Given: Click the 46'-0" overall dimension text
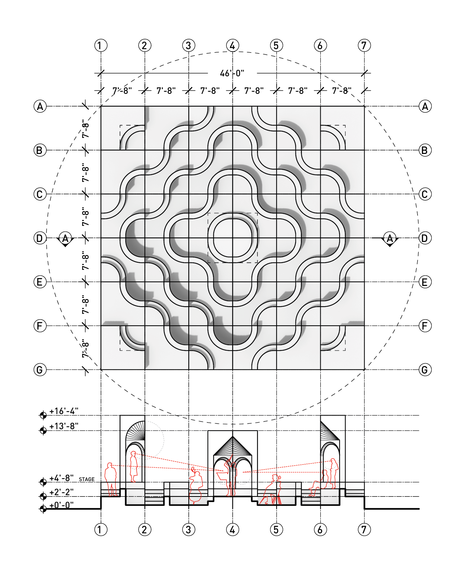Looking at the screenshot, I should click(x=232, y=73).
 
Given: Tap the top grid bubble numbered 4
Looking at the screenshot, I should click(x=233, y=45).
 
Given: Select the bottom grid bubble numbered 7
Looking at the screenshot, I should click(x=364, y=530).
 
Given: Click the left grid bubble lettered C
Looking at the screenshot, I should click(x=40, y=194).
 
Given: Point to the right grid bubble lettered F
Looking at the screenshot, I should click(x=425, y=326).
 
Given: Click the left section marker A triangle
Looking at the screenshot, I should click(x=65, y=239).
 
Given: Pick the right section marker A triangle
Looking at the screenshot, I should click(x=390, y=239).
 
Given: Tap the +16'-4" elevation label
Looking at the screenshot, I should click(x=64, y=411).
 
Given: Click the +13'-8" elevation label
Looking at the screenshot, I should click(x=64, y=426).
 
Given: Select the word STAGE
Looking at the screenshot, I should click(x=87, y=479).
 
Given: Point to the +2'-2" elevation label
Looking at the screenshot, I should click(x=62, y=492).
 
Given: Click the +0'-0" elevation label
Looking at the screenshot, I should click(x=62, y=505).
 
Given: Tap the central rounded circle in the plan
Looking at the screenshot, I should click(x=233, y=238).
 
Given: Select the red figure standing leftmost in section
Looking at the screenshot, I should click(x=111, y=479).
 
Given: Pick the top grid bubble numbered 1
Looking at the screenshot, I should click(x=101, y=45).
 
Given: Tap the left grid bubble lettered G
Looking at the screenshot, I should click(x=40, y=370).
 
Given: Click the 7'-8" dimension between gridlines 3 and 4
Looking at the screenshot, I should click(x=210, y=91).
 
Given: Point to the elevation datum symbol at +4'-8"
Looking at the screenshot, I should click(x=43, y=482).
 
